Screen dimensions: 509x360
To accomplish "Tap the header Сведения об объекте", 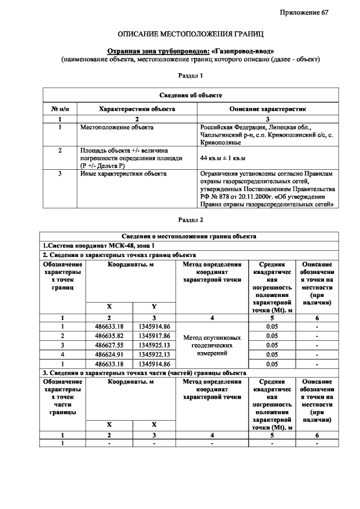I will point(190,96).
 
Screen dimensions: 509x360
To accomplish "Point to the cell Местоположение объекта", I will point(116,128).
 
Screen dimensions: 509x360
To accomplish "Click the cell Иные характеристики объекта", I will point(123,174).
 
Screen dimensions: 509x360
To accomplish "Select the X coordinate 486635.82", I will point(110,336).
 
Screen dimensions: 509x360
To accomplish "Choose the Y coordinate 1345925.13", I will point(154,345).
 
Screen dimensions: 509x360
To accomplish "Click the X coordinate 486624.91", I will point(110,354).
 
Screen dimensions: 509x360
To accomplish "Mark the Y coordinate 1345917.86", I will point(154,336).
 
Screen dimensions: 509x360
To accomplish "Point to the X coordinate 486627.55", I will point(110,345).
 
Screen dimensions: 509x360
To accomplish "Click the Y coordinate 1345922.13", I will point(154,354).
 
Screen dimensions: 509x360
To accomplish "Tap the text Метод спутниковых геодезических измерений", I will point(212,345).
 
